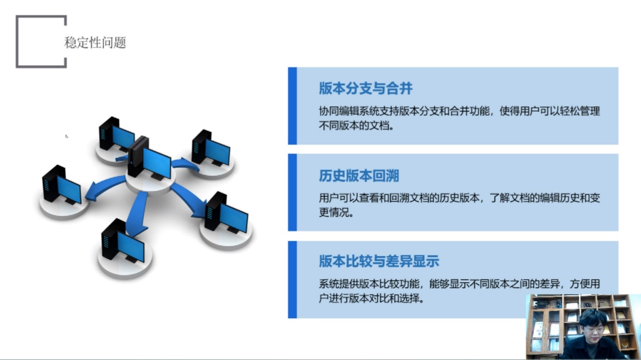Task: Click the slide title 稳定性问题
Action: (x=95, y=43)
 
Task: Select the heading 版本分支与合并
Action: (x=366, y=88)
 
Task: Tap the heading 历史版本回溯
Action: (x=359, y=175)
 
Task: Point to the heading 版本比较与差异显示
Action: (x=379, y=261)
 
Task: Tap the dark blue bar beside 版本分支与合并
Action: (x=292, y=106)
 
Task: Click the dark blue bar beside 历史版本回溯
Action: (x=292, y=192)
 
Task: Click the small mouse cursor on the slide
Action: (x=67, y=137)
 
